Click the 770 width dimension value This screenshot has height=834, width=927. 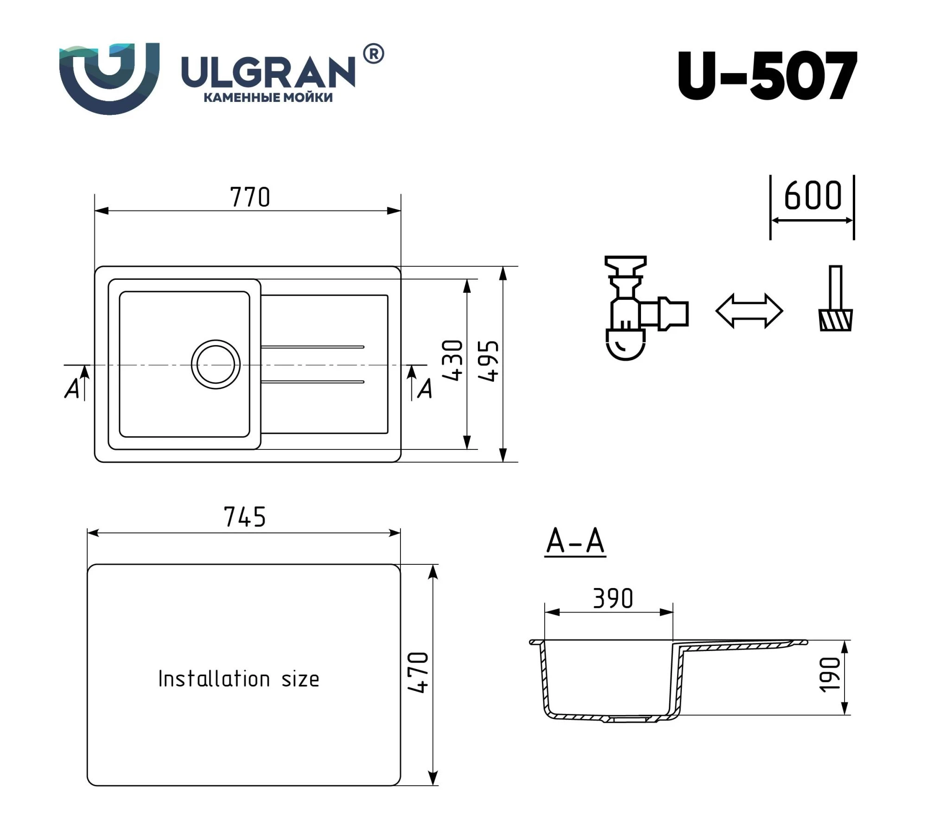pos(250,197)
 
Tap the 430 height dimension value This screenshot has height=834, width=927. pos(453,360)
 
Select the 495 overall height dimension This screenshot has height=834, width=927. pos(489,361)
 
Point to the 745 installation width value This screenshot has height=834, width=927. pos(245,517)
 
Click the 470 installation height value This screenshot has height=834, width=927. pos(418,672)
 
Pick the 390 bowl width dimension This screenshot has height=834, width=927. pos(613,599)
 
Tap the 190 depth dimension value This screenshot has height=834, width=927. pos(830,675)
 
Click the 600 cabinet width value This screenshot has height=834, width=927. pos(813,196)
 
